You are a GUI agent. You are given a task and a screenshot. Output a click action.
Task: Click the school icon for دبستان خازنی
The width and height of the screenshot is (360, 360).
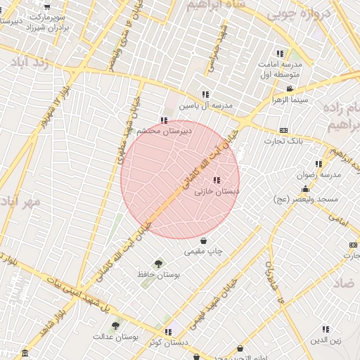click(216, 180)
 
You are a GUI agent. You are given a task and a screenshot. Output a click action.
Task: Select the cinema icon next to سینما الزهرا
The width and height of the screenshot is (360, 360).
click(290, 89)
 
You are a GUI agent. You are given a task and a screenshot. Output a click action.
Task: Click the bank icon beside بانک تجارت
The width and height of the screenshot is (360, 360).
click(283, 130)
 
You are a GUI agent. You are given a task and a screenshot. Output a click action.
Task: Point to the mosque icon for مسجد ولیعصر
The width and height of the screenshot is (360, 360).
click(305, 189)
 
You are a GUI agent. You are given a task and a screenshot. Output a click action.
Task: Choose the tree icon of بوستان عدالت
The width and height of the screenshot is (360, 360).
click(115, 326)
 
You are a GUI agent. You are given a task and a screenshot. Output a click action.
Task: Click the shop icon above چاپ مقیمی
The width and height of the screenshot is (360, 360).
click(203, 240)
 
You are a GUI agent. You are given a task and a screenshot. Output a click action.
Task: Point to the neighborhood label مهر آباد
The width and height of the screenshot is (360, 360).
click(20, 201)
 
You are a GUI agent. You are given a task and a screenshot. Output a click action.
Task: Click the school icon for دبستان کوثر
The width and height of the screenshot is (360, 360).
click(167, 331)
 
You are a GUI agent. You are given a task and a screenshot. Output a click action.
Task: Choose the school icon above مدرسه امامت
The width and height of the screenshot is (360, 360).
click(280, 53)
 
